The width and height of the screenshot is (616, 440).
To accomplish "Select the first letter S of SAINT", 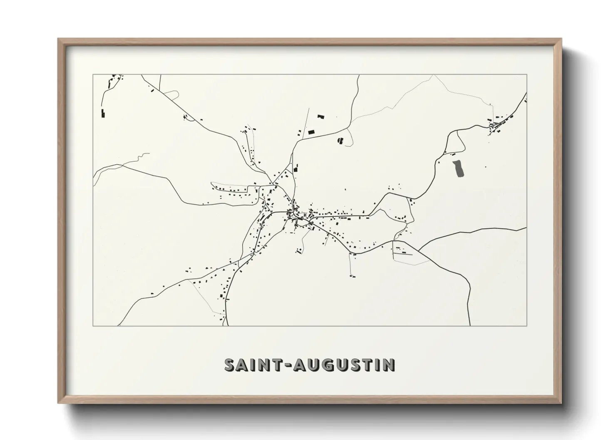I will tap(230, 365).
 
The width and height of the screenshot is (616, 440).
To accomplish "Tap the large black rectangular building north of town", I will tap(311, 132).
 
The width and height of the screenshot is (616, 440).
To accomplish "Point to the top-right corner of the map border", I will tap(527, 74).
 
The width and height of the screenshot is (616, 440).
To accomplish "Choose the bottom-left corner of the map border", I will tap(93, 326).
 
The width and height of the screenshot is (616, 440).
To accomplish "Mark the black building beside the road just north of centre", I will tap(296, 168).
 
